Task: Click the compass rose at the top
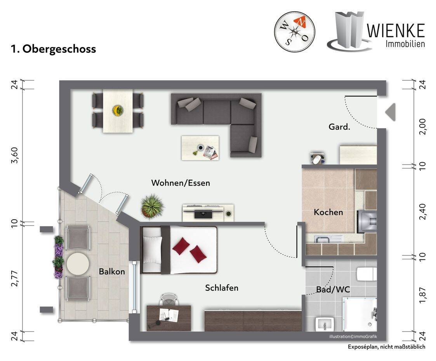pyautogui.click(x=294, y=32)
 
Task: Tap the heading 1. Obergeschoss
pyautogui.click(x=54, y=49)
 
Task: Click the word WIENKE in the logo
pyautogui.click(x=396, y=31)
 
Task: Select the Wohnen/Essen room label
pyautogui.click(x=181, y=183)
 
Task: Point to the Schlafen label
pyautogui.click(x=222, y=288)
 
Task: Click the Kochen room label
pyautogui.click(x=328, y=212)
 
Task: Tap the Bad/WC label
pyautogui.click(x=333, y=290)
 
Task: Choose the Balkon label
pyautogui.click(x=112, y=271)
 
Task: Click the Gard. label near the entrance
pyautogui.click(x=339, y=127)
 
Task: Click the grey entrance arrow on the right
pyautogui.click(x=391, y=112)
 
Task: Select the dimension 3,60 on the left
pyautogui.click(x=14, y=156)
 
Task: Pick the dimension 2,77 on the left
pyautogui.click(x=14, y=279)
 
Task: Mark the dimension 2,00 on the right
pyautogui.click(x=422, y=127)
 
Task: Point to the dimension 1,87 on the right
pyautogui.click(x=422, y=295)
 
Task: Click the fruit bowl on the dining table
pyautogui.click(x=118, y=110)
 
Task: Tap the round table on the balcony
pyautogui.click(x=78, y=264)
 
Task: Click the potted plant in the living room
pyautogui.click(x=152, y=206)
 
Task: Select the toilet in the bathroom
pyautogui.click(x=367, y=274)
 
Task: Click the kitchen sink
pyautogui.click(x=322, y=239)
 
